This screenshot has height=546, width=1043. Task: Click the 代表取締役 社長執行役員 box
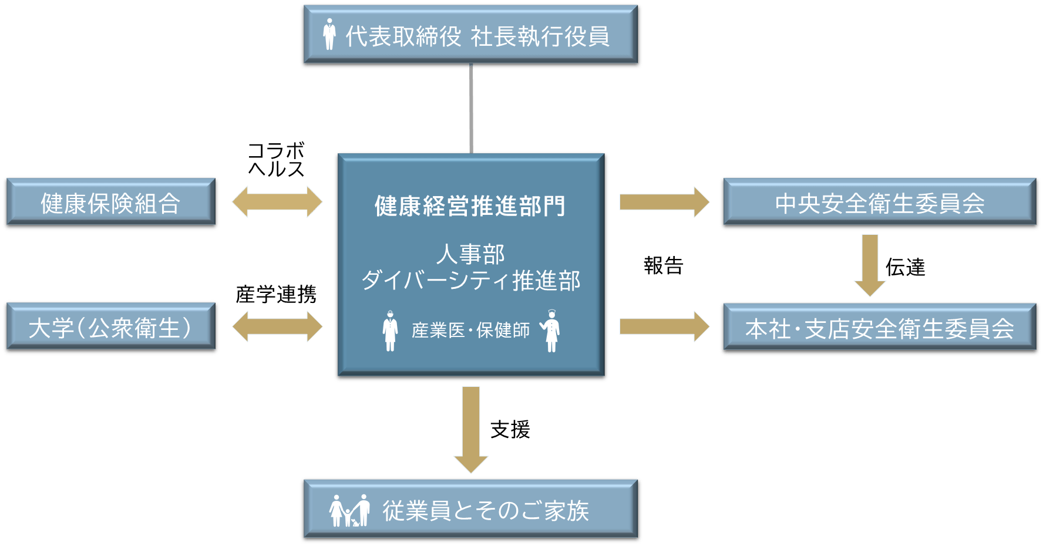(x=471, y=36)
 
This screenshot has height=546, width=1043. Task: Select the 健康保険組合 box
(x=110, y=203)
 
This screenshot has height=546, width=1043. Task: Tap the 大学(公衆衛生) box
(x=110, y=328)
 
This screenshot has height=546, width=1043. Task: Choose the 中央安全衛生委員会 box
(x=880, y=203)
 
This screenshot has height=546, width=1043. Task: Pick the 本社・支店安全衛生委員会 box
(x=880, y=328)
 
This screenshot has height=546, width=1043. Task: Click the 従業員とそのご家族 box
(x=471, y=510)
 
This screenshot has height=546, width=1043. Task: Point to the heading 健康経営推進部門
(x=470, y=206)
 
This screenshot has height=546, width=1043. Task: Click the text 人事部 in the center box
(x=470, y=254)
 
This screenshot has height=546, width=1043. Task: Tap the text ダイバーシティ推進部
(x=470, y=280)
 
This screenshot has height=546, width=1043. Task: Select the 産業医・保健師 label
(x=470, y=330)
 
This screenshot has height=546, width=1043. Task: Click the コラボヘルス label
(x=276, y=159)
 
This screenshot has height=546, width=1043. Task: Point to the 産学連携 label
(x=276, y=294)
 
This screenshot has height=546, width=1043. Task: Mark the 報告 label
(x=664, y=266)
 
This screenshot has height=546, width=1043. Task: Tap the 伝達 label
(x=905, y=268)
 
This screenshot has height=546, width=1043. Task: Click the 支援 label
(x=510, y=429)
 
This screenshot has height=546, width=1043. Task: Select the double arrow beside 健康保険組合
(x=277, y=202)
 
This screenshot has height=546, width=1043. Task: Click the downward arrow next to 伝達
(x=870, y=265)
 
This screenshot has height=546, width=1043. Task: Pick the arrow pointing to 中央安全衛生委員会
(x=664, y=202)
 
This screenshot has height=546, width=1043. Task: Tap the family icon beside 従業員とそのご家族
(x=349, y=510)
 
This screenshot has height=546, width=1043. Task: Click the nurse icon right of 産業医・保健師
(x=550, y=331)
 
